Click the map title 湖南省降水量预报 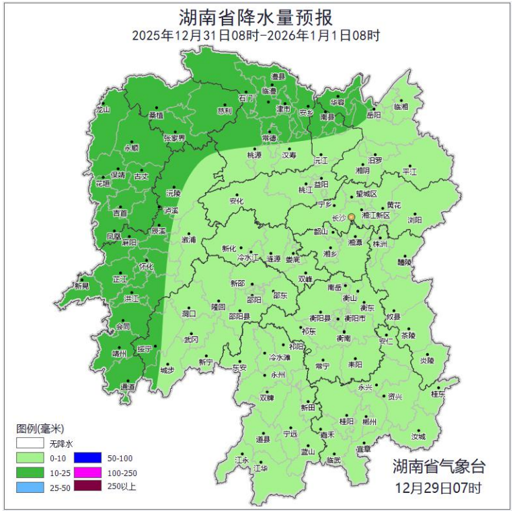[x=256, y=17]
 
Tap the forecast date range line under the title [x=256, y=36]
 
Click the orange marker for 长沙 [x=351, y=218]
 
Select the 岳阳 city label [x=374, y=115]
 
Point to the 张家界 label [x=173, y=138]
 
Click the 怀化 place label [x=146, y=266]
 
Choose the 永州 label [x=278, y=375]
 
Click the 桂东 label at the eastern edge [x=438, y=395]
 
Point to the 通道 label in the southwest [x=127, y=387]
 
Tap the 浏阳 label [x=415, y=220]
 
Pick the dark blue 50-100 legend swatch [x=87, y=458]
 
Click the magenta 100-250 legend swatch [x=87, y=472]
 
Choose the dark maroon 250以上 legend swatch [x=87, y=486]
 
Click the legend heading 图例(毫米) [x=40, y=429]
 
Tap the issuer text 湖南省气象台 [x=438, y=466]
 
